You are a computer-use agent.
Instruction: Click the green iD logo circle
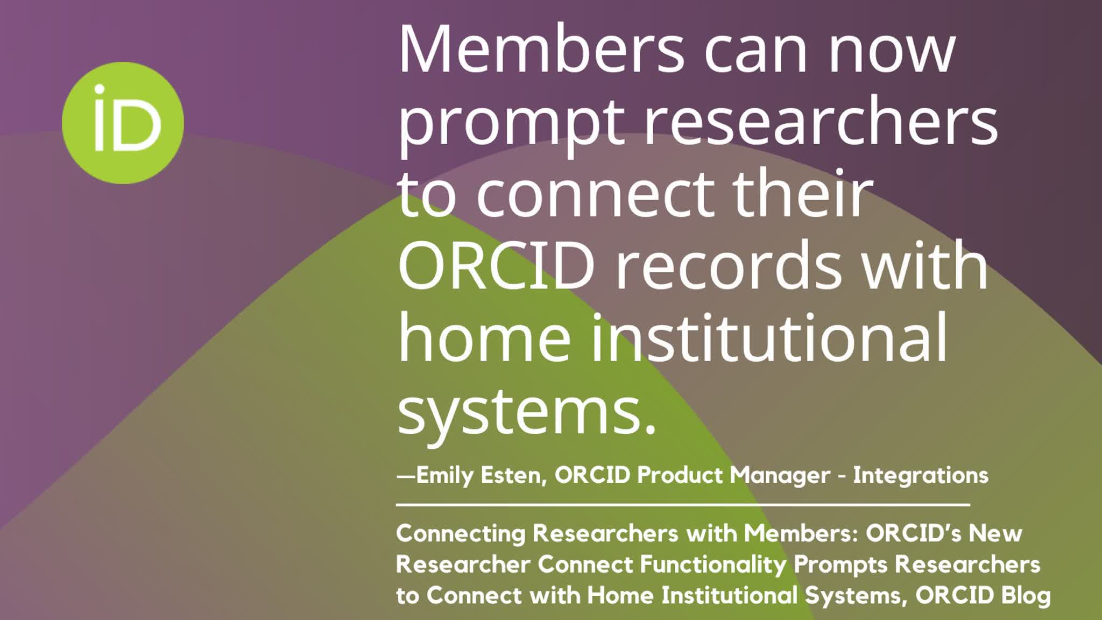(x=123, y=123)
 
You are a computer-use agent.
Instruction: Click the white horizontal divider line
(x=683, y=505)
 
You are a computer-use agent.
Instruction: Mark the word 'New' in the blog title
(x=995, y=534)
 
